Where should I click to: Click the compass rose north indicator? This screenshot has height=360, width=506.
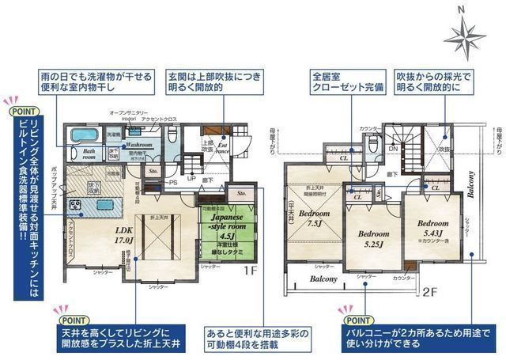click(465, 33)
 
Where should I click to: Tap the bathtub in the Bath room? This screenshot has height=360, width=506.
click(82, 135)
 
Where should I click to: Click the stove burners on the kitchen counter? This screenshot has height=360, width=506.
click(77, 205)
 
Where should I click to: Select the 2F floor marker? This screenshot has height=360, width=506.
click(429, 291)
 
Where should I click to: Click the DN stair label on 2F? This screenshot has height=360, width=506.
click(394, 148)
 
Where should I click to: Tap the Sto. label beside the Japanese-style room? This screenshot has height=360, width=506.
click(242, 192)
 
